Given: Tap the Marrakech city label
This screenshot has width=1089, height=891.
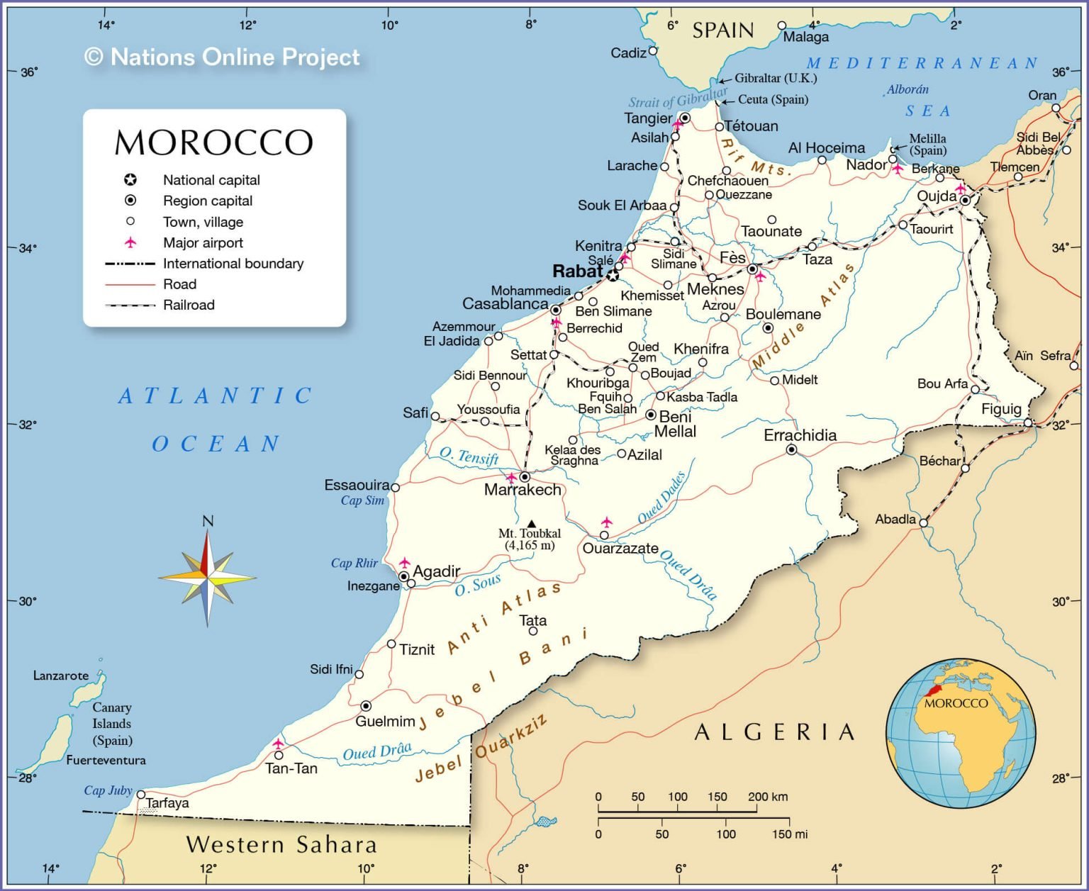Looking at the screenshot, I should pos(523,490).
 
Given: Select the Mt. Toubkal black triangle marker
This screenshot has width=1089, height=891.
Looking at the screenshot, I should pos(532,524).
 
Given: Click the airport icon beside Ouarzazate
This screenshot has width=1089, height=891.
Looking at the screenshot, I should pos(606,522).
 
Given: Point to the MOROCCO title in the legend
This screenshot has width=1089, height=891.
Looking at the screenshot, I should pos(213,142).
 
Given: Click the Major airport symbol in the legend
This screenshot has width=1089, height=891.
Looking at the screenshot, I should pos(130,242).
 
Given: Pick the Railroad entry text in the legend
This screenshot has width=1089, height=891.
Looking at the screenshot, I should pos(189,305).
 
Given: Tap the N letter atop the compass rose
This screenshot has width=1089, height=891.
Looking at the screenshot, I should pos(208,521).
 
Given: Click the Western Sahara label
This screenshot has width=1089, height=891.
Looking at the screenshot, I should pos(281,844).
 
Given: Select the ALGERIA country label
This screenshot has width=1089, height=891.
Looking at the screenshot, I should pos(775,732).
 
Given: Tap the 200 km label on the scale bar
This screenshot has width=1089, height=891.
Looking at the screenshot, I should pos(768,796).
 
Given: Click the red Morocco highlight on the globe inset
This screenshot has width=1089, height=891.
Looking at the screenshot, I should pos(932,690).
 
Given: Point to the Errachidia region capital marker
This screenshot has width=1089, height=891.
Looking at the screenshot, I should pos(792,450).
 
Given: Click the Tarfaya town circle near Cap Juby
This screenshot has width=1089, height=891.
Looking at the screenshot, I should pos(141,795).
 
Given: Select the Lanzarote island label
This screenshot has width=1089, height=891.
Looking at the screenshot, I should pos(61,676).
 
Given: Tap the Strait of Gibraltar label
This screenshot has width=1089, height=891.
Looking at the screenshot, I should pos(678,98).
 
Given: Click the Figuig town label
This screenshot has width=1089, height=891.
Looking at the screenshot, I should pos(1001,409).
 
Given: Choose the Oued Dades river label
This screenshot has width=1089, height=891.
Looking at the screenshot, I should pos(661,498).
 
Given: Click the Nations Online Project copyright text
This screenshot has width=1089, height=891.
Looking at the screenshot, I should pos(222,57).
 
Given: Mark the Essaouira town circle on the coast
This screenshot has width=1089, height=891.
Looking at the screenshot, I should pos(396,488).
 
